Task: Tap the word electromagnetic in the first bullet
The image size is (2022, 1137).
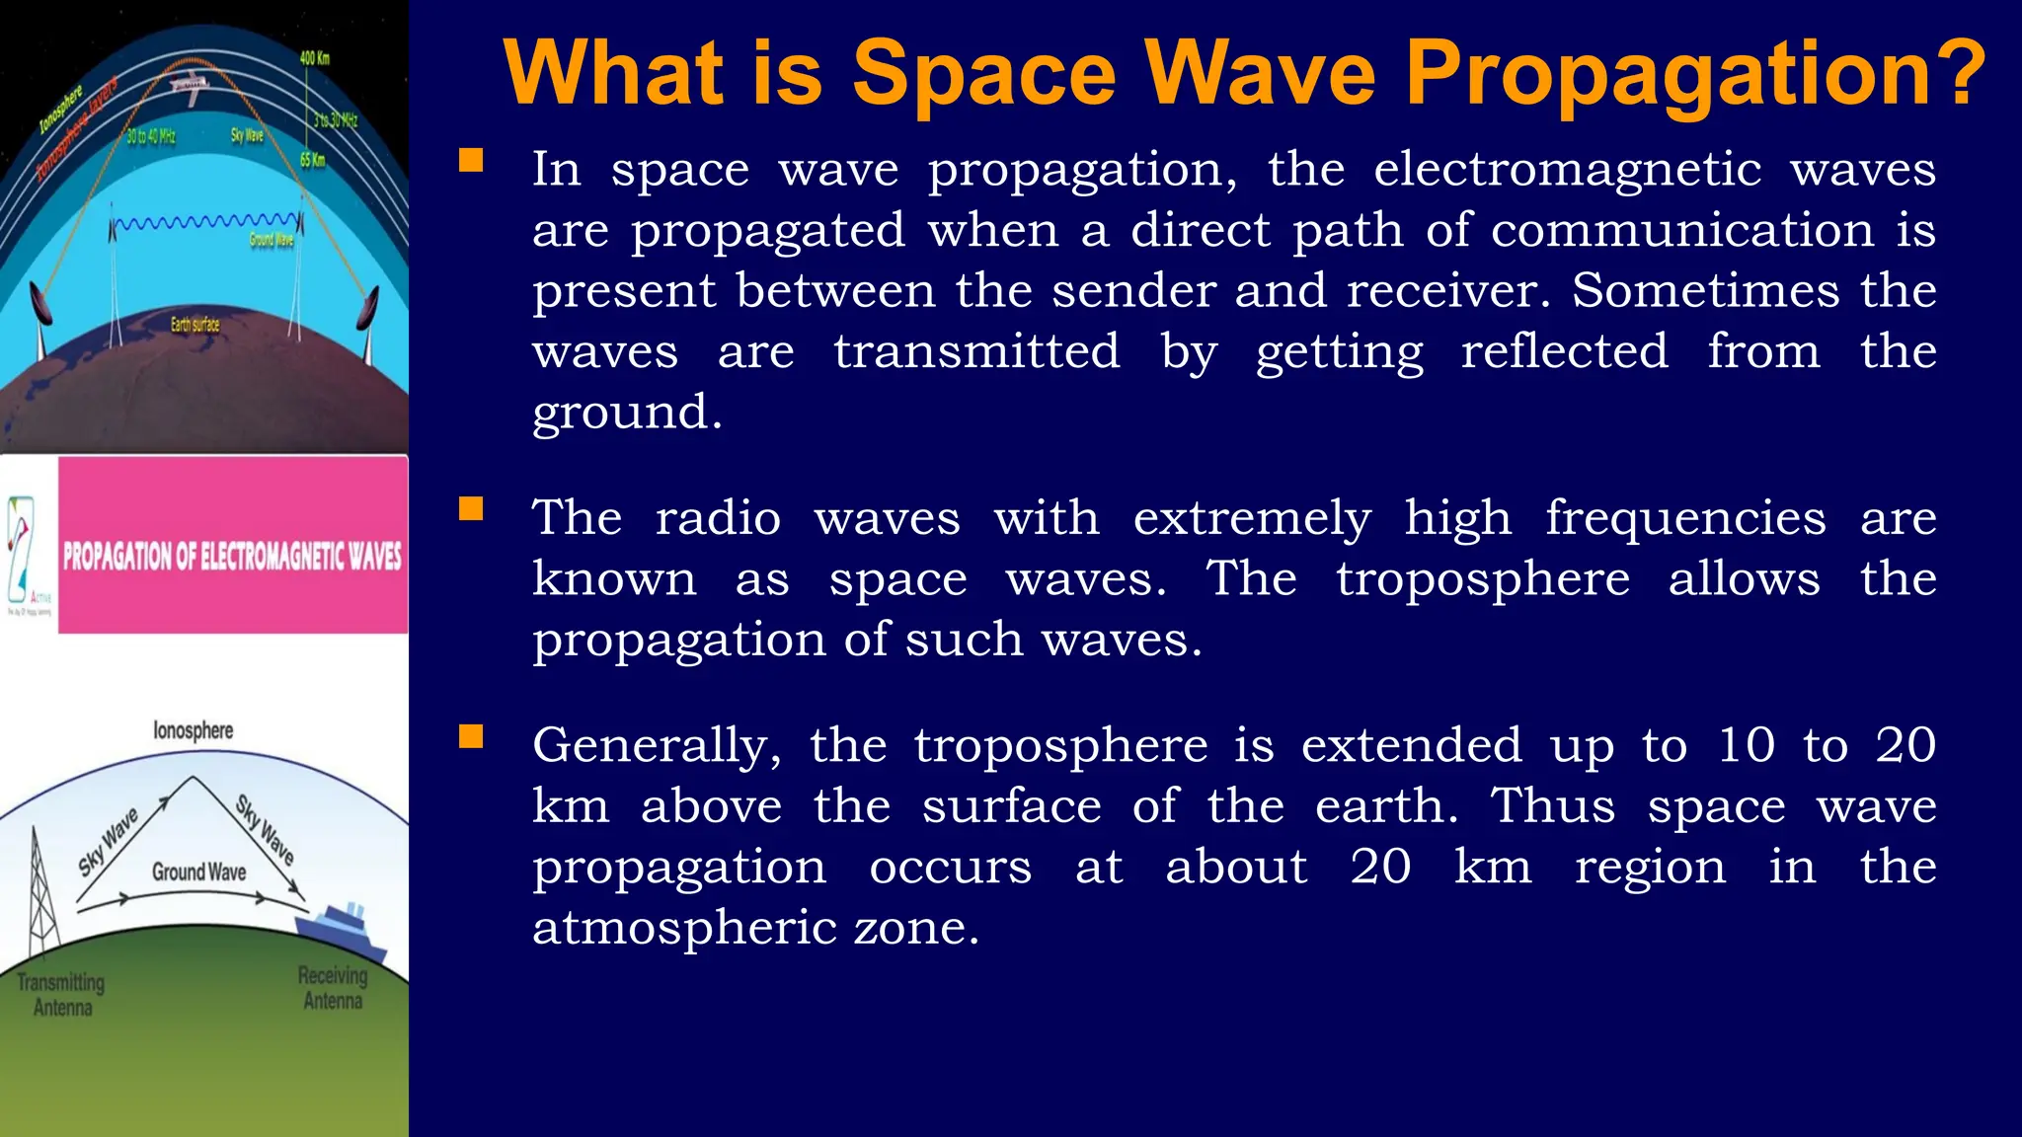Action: pos(1567,170)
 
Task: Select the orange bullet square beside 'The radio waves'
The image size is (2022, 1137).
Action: pos(471,509)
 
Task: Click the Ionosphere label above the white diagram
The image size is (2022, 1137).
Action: pos(194,730)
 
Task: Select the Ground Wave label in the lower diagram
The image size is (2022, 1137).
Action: pos(198,872)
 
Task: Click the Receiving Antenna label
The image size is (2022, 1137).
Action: pos(333,988)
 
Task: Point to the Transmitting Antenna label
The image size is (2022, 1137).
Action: pos(61,995)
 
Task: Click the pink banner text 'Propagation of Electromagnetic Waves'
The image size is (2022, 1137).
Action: pos(232,557)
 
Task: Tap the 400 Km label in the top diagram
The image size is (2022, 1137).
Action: pos(314,58)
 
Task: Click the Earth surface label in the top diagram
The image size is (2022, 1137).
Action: pos(194,325)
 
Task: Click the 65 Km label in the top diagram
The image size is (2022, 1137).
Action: pos(312,160)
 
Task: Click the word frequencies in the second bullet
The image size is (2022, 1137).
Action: pos(1685,519)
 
